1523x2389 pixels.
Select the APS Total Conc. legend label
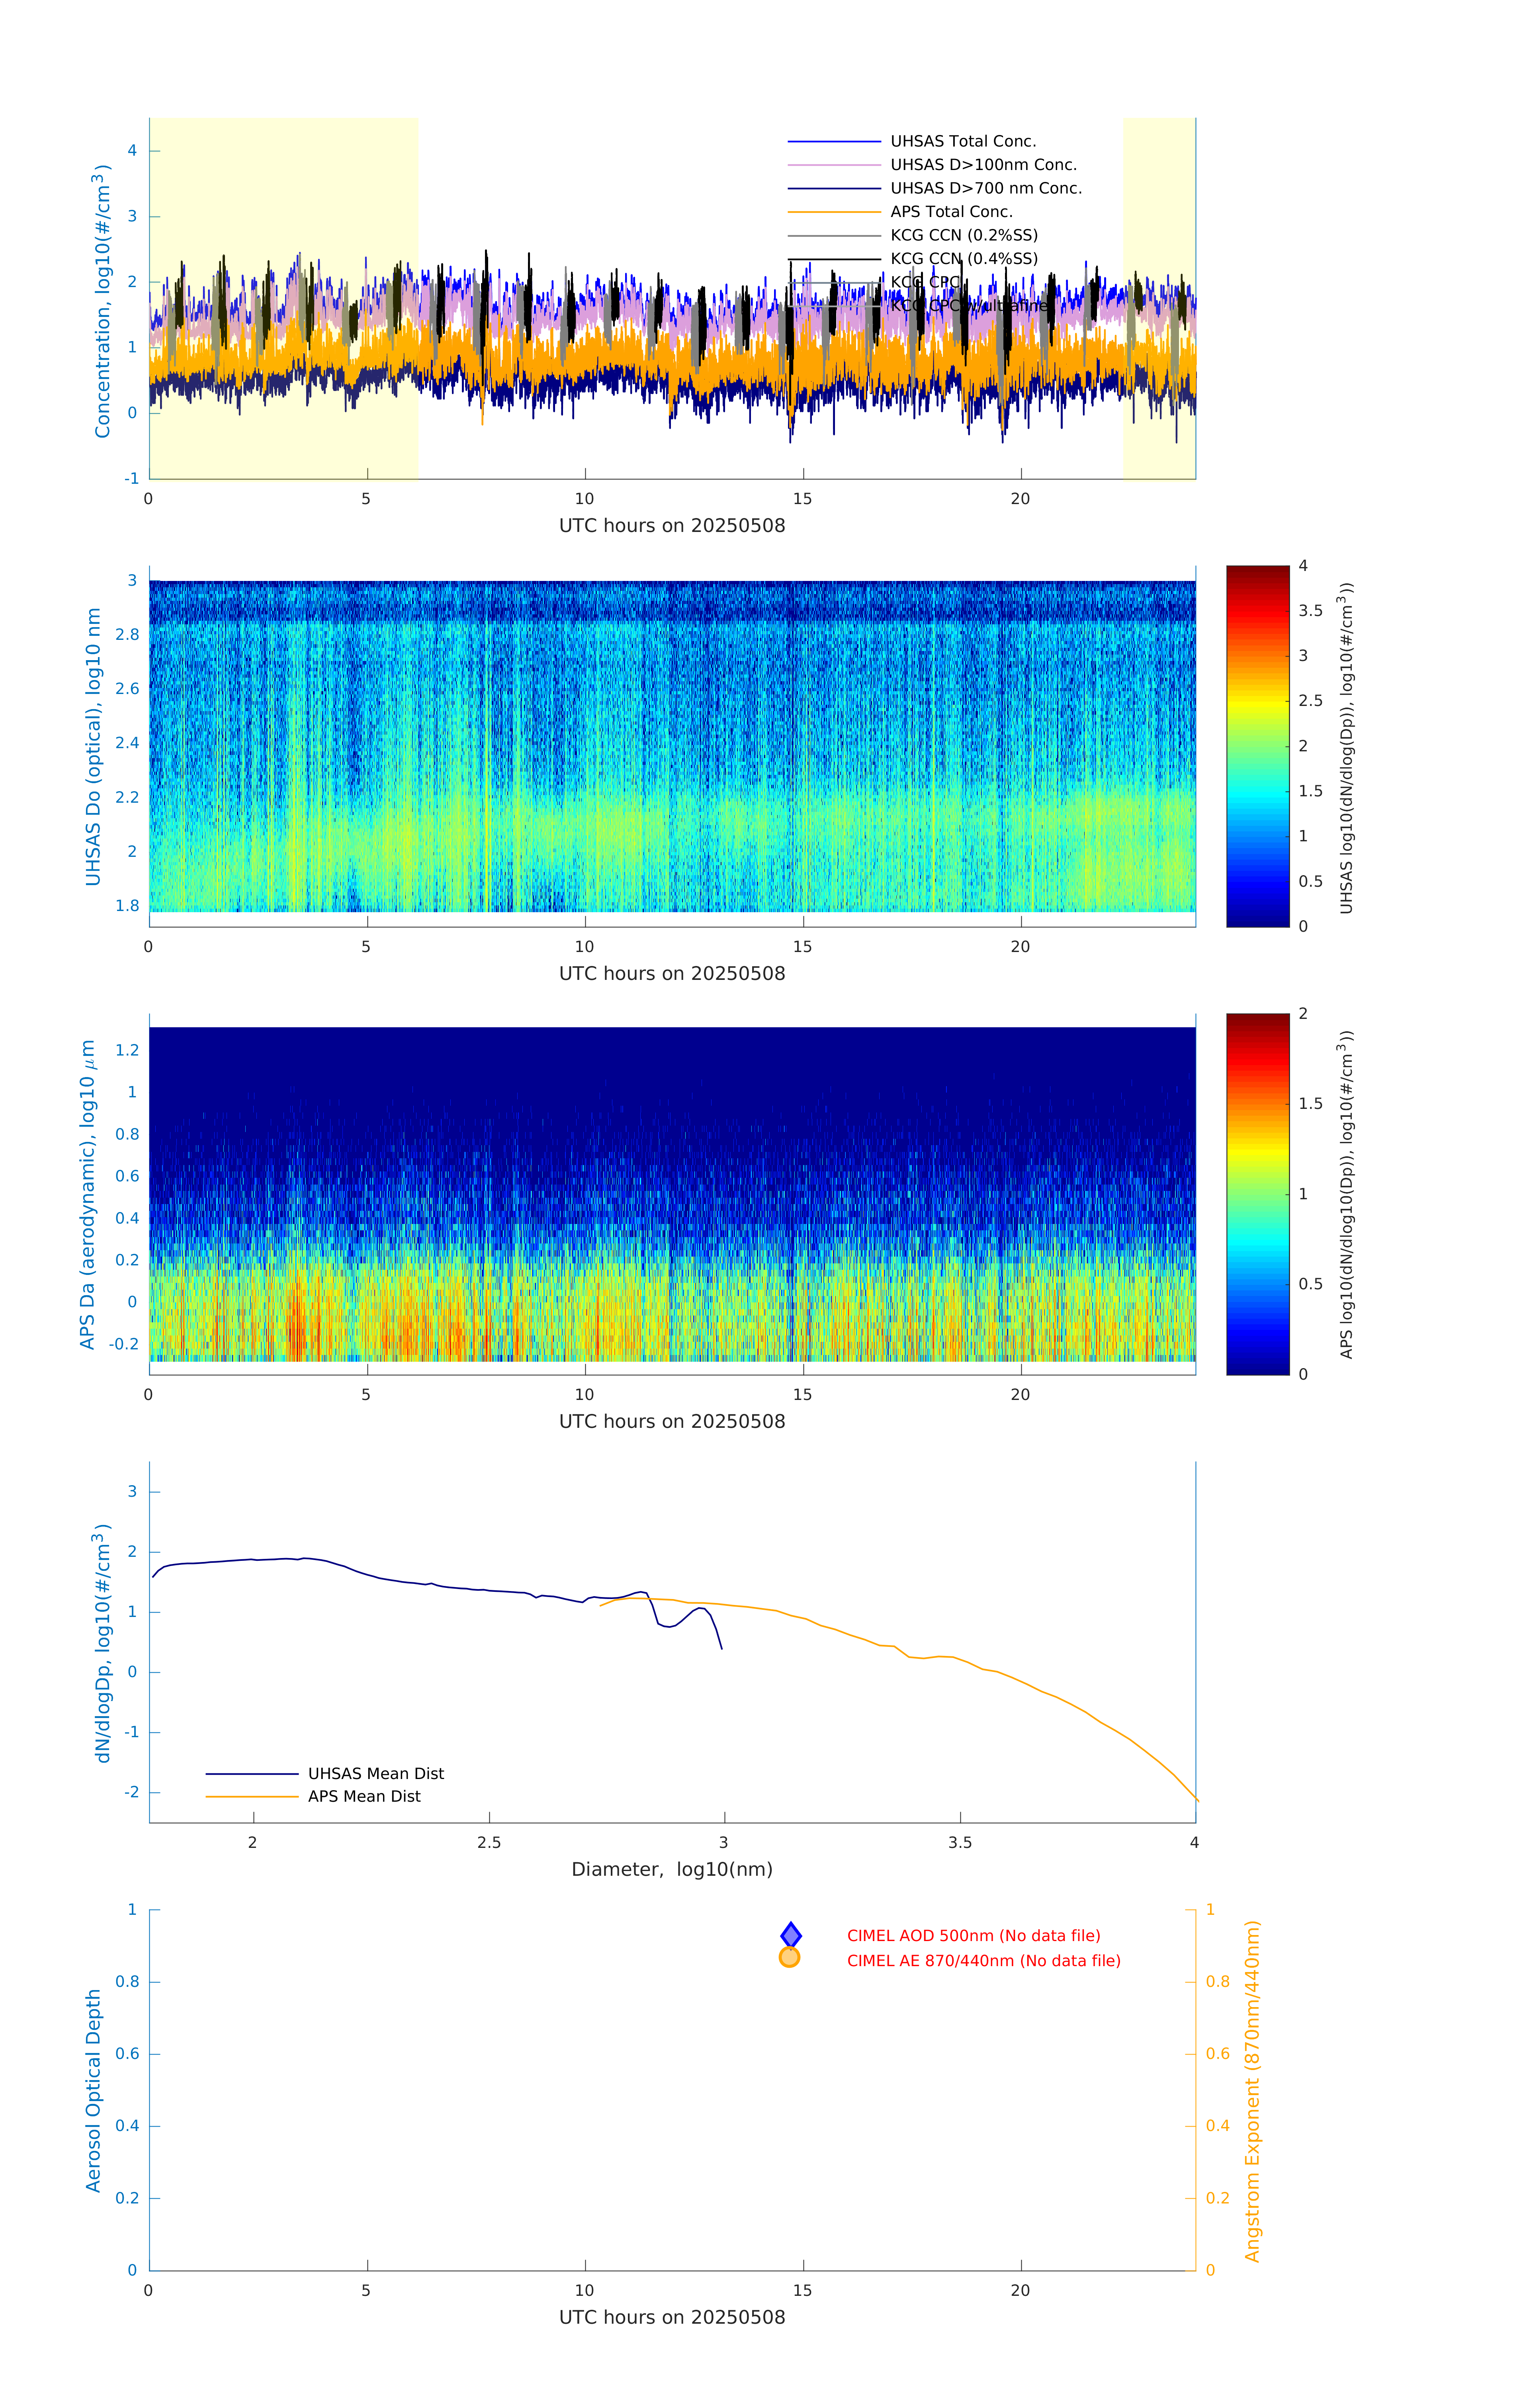950,212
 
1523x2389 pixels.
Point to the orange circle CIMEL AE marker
790,1957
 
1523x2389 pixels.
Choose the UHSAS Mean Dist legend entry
375,1774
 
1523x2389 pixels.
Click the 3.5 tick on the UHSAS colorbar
1310,611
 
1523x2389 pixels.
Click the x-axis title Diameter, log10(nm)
672,1870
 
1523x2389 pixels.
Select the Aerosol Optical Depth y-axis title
94,2091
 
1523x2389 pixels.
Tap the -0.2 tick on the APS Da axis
124,1344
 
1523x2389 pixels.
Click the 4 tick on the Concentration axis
132,151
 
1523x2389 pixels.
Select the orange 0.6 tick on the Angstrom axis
1218,2054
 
